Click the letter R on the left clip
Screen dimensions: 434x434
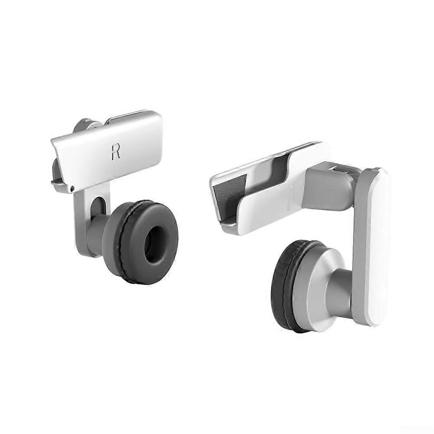click(115, 152)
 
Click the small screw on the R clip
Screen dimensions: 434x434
click(72, 188)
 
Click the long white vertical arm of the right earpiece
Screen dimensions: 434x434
click(372, 243)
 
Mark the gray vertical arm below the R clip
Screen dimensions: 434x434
click(82, 217)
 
